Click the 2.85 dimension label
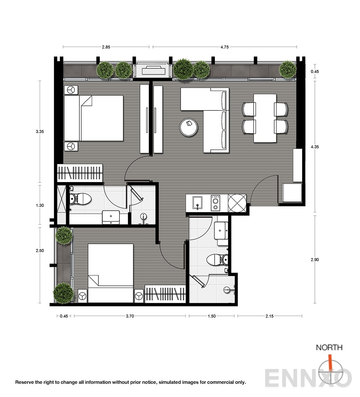click(106, 47)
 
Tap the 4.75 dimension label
click(225, 47)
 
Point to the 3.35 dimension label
click(40, 131)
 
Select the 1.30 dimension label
click(40, 205)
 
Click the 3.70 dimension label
click(130, 316)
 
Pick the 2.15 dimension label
click(269, 316)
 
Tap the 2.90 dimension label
click(315, 260)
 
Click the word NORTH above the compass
click(329, 347)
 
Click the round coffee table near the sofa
click(188, 127)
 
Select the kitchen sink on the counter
click(197, 203)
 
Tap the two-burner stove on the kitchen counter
click(215, 203)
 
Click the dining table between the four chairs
click(265, 118)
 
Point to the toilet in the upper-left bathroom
click(80, 199)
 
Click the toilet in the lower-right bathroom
click(217, 259)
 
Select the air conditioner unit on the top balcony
click(154, 70)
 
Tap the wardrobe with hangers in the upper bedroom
click(80, 173)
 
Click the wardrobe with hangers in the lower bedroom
click(165, 294)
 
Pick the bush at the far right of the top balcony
click(288, 70)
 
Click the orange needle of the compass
click(330, 362)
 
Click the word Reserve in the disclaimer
click(25, 382)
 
